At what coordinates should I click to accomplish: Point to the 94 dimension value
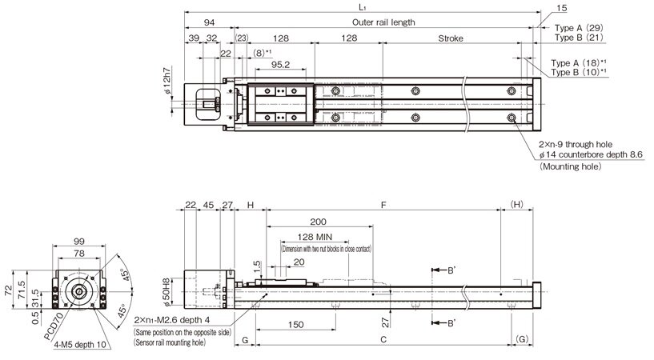tap(208, 22)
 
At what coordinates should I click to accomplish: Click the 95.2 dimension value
tap(280, 64)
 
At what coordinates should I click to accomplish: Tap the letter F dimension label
tap(383, 206)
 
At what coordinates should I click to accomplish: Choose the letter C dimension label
tap(383, 340)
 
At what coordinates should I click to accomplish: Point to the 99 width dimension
tap(78, 241)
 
